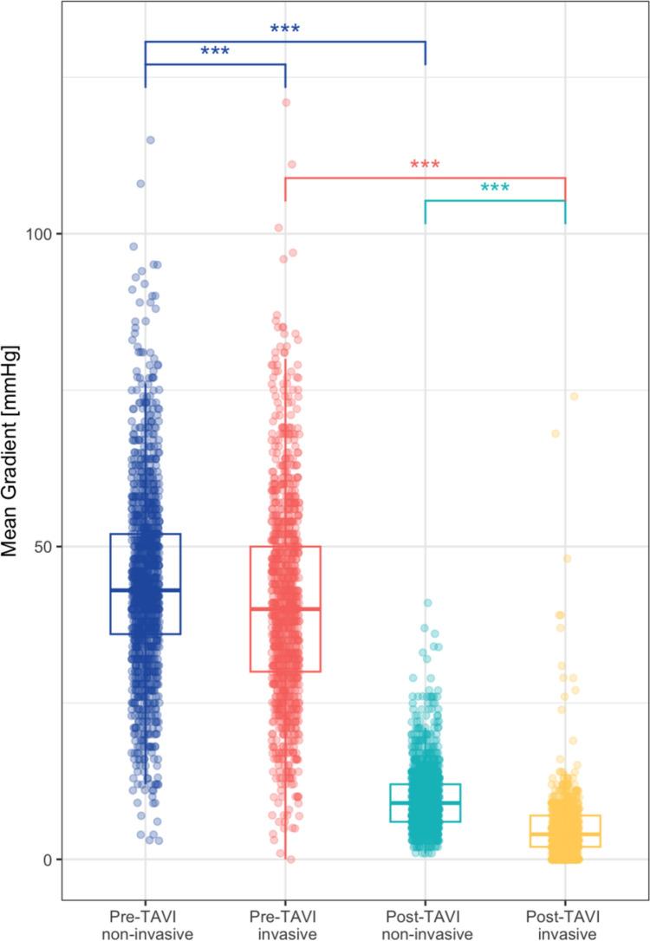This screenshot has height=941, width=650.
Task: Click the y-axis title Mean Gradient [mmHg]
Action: click(x=18, y=451)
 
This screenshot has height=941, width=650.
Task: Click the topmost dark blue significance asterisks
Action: click(x=285, y=30)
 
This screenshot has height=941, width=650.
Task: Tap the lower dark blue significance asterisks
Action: click(x=215, y=53)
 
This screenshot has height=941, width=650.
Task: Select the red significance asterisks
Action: click(x=426, y=166)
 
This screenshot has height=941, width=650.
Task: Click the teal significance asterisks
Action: click(x=495, y=189)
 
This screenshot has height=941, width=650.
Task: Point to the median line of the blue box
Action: click(x=145, y=590)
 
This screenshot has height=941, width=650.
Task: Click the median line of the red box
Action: click(x=285, y=609)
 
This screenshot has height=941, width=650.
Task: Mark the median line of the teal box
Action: click(x=426, y=802)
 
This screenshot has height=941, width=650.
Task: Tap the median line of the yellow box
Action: click(x=566, y=834)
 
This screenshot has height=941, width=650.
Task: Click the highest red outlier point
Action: click(x=285, y=102)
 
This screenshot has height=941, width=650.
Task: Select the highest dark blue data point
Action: click(x=150, y=140)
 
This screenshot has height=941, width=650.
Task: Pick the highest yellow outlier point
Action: click(x=574, y=397)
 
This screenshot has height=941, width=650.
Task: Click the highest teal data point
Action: click(x=427, y=603)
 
